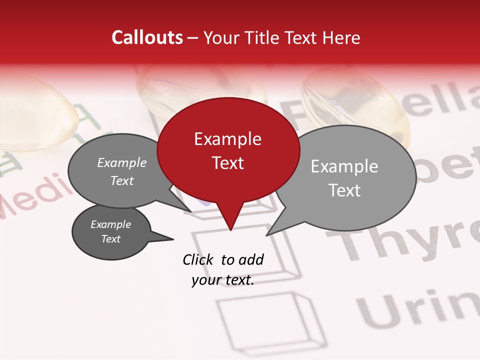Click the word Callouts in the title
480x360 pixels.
click(147, 37)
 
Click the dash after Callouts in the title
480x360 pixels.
click(193, 38)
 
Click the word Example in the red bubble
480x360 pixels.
click(227, 139)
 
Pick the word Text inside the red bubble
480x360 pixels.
click(227, 163)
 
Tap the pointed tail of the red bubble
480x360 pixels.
click(230, 227)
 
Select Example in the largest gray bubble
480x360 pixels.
click(344, 166)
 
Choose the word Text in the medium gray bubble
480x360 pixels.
click(121, 181)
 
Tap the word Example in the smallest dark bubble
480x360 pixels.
click(110, 224)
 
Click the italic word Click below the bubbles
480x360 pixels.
click(199, 259)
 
